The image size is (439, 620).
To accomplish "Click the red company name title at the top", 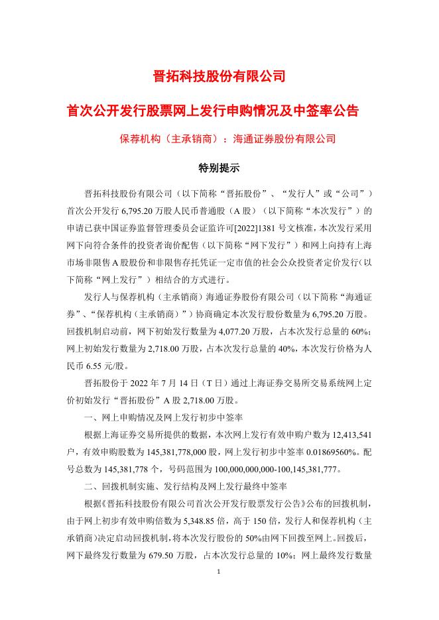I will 219,76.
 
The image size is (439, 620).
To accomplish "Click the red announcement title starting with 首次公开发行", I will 219,110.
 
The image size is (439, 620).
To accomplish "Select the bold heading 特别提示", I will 219,168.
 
